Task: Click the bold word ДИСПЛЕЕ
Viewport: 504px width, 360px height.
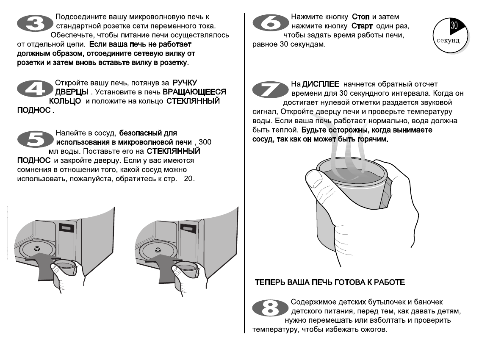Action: pyautogui.click(x=318, y=85)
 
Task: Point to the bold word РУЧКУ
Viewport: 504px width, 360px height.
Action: pyautogui.click(x=186, y=83)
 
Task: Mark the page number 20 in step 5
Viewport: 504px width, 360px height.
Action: pyautogui.click(x=188, y=179)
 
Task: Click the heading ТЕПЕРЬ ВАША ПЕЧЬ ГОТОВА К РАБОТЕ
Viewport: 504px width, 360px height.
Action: pyautogui.click(x=330, y=282)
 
